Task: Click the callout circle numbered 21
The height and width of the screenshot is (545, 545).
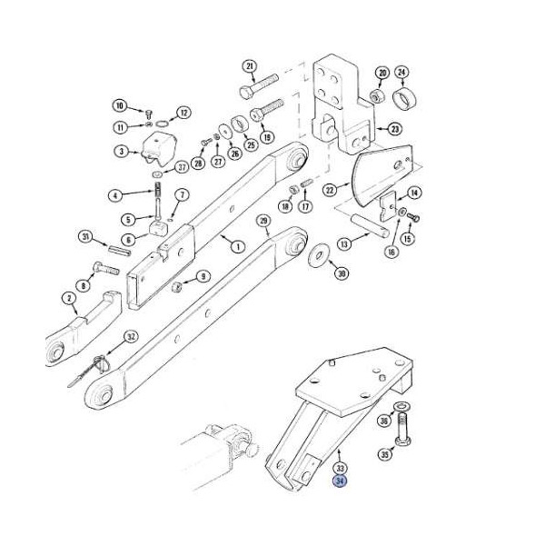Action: (250, 66)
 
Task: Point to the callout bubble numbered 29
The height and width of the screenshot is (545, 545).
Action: (263, 221)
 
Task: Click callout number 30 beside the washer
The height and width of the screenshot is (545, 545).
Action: (341, 273)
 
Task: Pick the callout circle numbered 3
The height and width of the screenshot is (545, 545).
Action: (122, 152)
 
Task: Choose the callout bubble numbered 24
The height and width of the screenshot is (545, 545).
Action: (401, 73)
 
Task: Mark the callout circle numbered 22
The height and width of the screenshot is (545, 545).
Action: (330, 189)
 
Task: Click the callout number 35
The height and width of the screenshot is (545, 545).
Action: (384, 454)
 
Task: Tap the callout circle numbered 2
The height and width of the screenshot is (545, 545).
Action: (69, 298)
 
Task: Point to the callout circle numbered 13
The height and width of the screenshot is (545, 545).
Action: (344, 243)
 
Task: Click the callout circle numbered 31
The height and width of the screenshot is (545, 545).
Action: (86, 238)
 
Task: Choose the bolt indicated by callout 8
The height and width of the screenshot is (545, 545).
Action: (106, 268)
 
